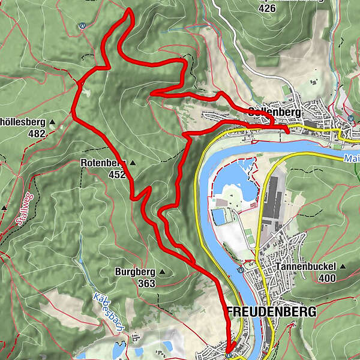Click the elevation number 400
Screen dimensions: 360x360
pos(327,278)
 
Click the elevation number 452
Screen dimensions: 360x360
pos(117,175)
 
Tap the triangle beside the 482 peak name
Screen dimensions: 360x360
pos(52,122)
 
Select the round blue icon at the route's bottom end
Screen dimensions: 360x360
pos(229,355)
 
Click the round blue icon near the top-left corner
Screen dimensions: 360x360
pos(82,26)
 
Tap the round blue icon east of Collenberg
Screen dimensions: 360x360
pos(350,119)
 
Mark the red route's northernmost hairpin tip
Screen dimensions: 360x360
pos(128,11)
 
